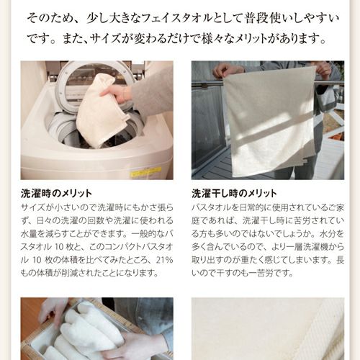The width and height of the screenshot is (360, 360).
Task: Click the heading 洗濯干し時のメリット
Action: (x=235, y=193)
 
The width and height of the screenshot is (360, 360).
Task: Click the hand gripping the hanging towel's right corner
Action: (x=322, y=70)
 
